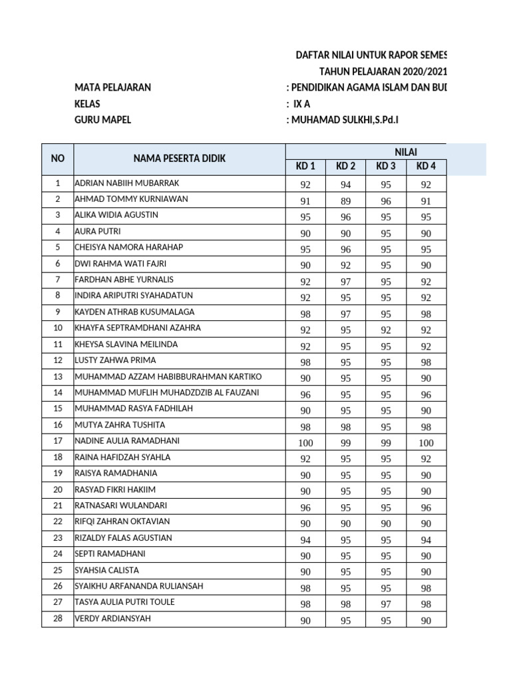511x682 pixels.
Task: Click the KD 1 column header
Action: click(x=305, y=167)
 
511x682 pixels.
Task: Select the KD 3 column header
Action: click(x=386, y=167)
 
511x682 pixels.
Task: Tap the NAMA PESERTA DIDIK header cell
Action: click(x=180, y=159)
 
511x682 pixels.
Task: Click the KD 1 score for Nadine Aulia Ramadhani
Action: click(x=305, y=443)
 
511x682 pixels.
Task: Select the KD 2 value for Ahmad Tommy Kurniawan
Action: click(x=345, y=200)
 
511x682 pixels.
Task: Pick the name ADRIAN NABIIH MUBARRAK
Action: click(x=127, y=182)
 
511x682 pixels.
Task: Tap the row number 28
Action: click(x=58, y=619)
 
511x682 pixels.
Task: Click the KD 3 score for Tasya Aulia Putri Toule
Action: click(x=386, y=604)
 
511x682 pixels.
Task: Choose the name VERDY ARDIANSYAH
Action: click(x=112, y=619)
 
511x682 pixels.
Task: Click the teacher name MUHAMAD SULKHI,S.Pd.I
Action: click(x=345, y=120)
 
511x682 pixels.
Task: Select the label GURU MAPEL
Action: click(x=103, y=120)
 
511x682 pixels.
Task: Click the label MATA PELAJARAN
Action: click(x=112, y=87)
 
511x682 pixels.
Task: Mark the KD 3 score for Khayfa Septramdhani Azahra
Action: click(x=386, y=329)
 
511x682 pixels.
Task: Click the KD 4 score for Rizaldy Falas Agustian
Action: click(x=426, y=539)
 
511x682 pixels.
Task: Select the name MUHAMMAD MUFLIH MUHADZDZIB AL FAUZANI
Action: click(x=167, y=392)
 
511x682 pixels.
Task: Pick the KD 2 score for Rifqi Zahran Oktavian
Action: click(x=345, y=523)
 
